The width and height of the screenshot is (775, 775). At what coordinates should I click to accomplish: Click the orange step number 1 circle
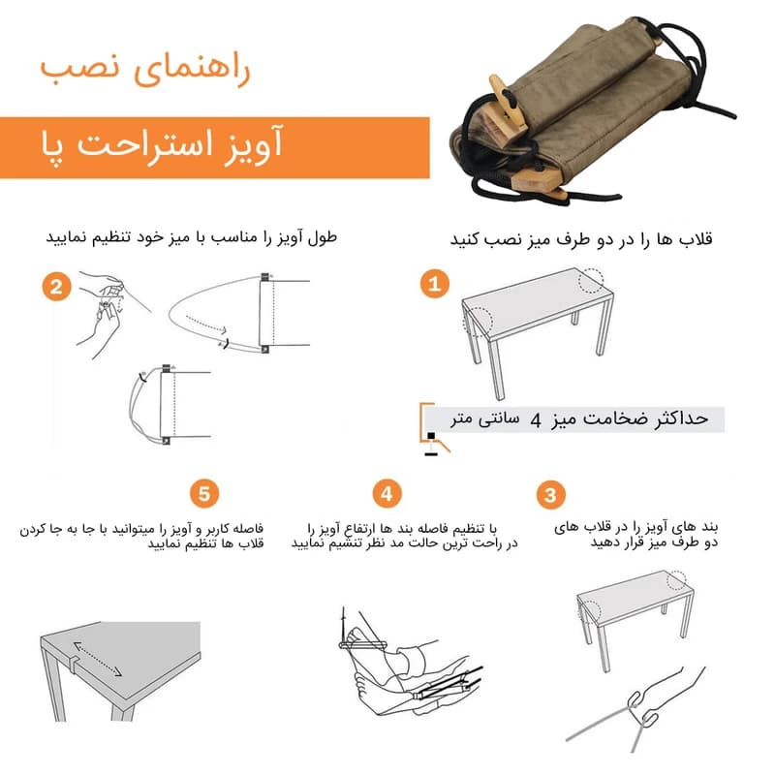pos(435,284)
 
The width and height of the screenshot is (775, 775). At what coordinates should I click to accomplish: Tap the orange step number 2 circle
pos(56,287)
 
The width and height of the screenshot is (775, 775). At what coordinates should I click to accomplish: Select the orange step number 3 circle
pos(550,495)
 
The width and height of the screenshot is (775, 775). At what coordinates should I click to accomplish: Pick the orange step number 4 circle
pos(387,493)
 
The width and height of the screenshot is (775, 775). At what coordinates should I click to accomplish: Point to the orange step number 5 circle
pos(204,493)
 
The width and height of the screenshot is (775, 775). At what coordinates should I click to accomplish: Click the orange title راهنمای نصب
pos(145,68)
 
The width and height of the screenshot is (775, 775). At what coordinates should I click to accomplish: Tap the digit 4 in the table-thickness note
pos(536,420)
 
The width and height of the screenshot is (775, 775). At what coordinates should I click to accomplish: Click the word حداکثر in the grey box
pos(682,418)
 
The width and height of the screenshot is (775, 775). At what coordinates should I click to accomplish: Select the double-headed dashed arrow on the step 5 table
pos(98,659)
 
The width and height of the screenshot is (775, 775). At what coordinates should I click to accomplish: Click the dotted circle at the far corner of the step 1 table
pos(591,280)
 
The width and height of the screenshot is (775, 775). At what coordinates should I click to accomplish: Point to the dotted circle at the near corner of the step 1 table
pos(478,322)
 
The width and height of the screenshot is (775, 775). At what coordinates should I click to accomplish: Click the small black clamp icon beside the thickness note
pos(431,444)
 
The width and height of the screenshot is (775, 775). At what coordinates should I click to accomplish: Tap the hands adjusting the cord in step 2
pos(101,313)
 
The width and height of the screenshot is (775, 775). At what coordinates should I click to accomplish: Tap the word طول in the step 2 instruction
pos(323,237)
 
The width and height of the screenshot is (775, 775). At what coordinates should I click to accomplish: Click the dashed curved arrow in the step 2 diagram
pos(206,324)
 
